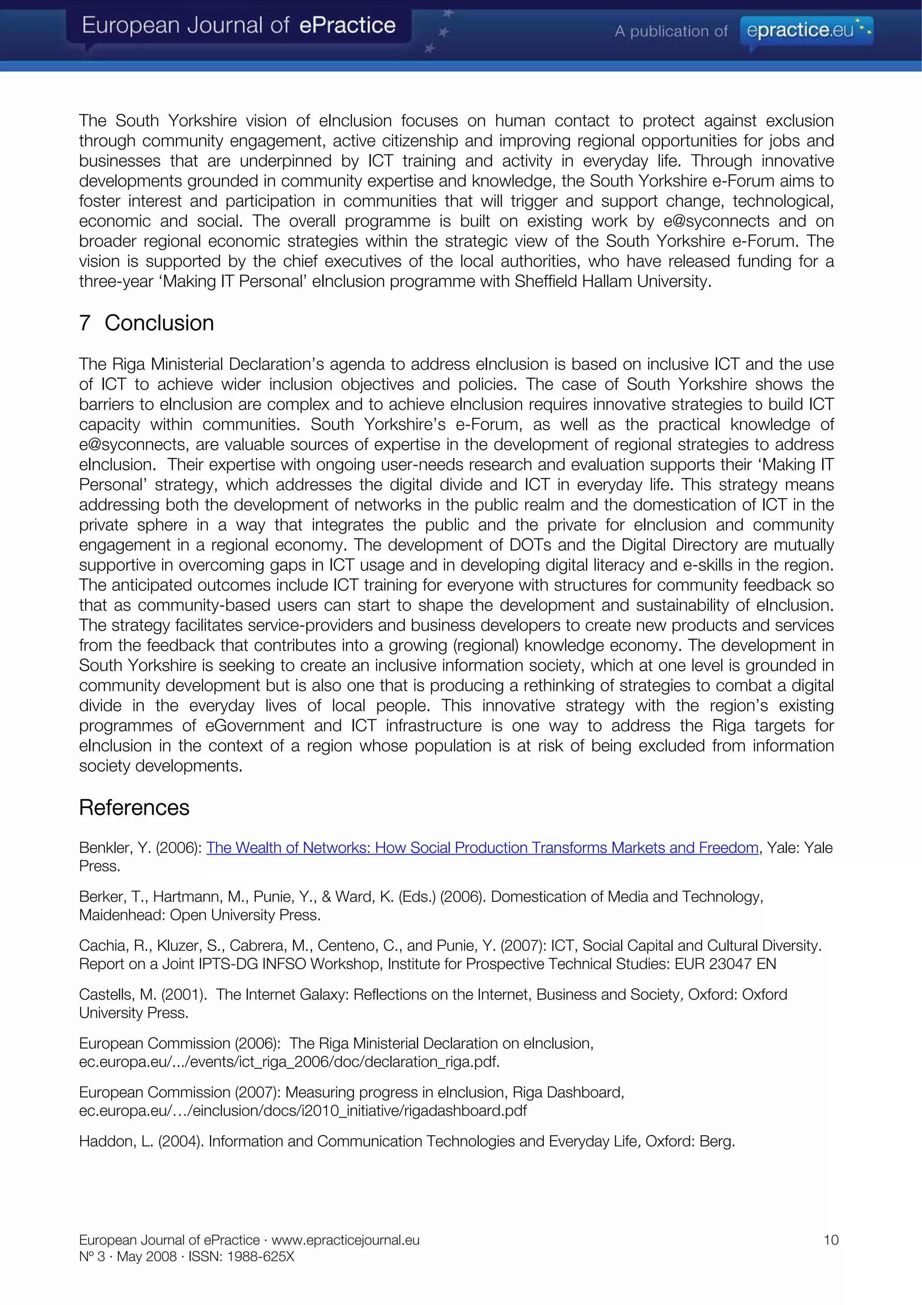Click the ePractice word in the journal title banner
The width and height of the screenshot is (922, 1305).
pyautogui.click(x=347, y=26)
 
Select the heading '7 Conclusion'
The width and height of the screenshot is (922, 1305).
pyautogui.click(x=147, y=323)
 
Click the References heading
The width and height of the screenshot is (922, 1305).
pyautogui.click(x=134, y=808)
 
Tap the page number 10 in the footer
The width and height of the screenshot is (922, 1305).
pyautogui.click(x=831, y=1240)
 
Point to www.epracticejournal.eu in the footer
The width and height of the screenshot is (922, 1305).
pyautogui.click(x=345, y=1240)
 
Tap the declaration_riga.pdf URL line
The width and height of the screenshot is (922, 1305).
pyautogui.click(x=289, y=1062)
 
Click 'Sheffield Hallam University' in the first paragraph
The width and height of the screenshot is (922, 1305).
pyautogui.click(x=612, y=282)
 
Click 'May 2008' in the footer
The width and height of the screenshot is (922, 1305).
pyautogui.click(x=147, y=1256)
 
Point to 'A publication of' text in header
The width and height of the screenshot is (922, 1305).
pyautogui.click(x=670, y=31)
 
